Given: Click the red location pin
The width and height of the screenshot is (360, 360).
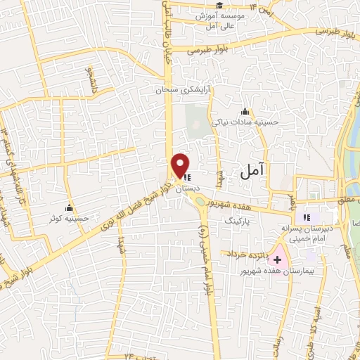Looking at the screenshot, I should pyautogui.click(x=181, y=165).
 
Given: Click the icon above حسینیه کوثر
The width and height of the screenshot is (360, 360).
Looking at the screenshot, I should pyautogui.click(x=69, y=207).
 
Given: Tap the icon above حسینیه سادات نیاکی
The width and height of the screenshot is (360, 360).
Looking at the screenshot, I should pyautogui.click(x=245, y=110).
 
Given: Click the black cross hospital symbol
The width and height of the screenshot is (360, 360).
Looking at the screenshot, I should pyautogui.click(x=277, y=259).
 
